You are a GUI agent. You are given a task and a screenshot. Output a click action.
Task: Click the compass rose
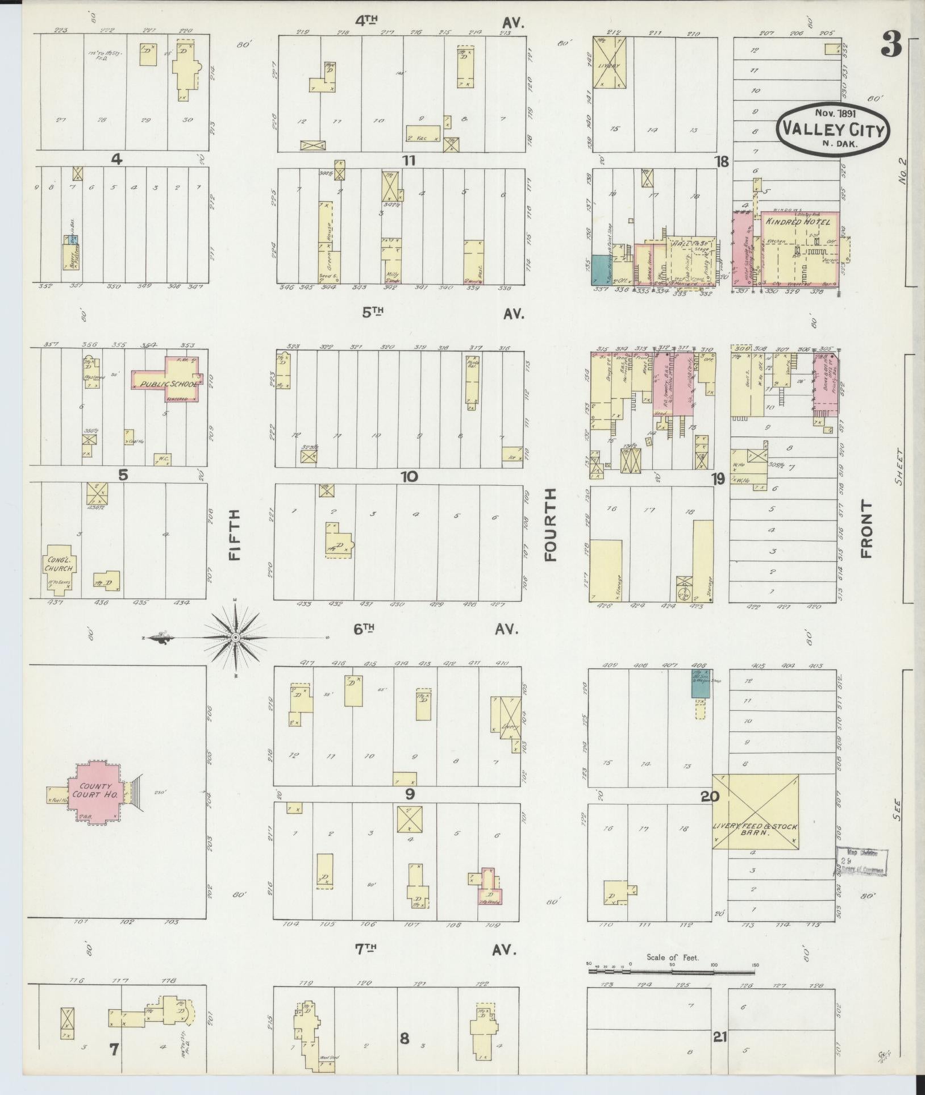click(x=235, y=638)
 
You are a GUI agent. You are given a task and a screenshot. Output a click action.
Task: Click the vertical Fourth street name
click(x=550, y=525)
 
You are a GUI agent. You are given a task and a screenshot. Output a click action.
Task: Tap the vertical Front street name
click(x=866, y=528)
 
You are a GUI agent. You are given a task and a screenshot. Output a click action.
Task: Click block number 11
click(x=408, y=160)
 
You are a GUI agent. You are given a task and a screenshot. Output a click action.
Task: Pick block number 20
click(x=710, y=797)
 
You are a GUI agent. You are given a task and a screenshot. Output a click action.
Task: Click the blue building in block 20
click(x=701, y=684)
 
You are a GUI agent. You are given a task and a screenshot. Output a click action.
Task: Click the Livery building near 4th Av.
click(x=609, y=63)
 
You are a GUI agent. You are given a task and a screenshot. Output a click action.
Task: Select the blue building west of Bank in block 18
click(x=598, y=270)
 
